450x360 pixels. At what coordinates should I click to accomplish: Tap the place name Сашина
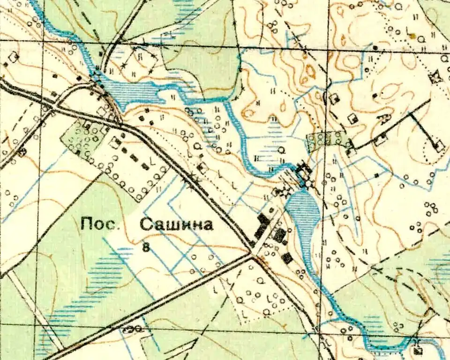pyautogui.click(x=177, y=225)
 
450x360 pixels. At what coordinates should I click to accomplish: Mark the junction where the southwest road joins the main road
pyautogui.click(x=252, y=255)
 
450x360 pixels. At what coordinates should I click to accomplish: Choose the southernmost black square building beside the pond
pyautogui.click(x=287, y=257)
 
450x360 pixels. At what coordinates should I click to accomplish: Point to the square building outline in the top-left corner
pyautogui.click(x=14, y=57)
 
